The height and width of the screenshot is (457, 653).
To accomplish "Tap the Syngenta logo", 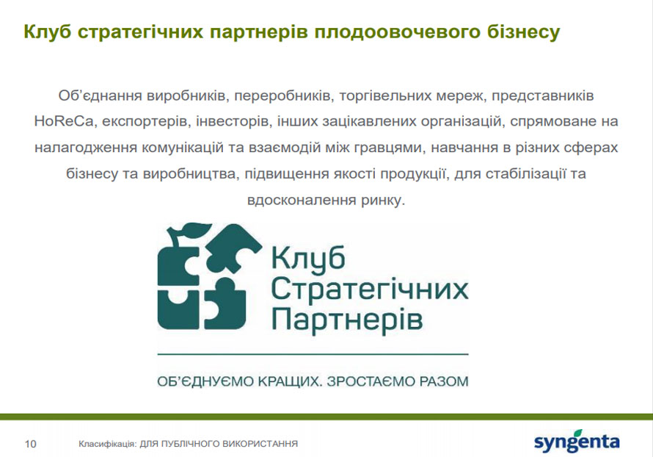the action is pyautogui.click(x=577, y=441).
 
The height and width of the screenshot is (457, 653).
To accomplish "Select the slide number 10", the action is pyautogui.click(x=30, y=444).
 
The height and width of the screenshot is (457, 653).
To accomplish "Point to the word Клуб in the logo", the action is pyautogui.click(x=308, y=258).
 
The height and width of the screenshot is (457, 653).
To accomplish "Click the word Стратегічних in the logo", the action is pyautogui.click(x=370, y=289).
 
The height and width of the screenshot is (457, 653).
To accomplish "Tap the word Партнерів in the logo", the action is pyautogui.click(x=347, y=319).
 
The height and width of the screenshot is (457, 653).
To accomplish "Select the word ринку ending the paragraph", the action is pyautogui.click(x=382, y=200).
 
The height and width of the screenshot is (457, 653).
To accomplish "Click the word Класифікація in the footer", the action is pyautogui.click(x=107, y=444).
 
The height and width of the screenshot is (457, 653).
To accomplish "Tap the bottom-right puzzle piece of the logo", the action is pyautogui.click(x=225, y=303).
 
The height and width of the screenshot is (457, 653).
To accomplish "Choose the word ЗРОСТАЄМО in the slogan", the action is pyautogui.click(x=370, y=381).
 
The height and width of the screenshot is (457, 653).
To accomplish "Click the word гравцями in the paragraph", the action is pyautogui.click(x=388, y=148).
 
